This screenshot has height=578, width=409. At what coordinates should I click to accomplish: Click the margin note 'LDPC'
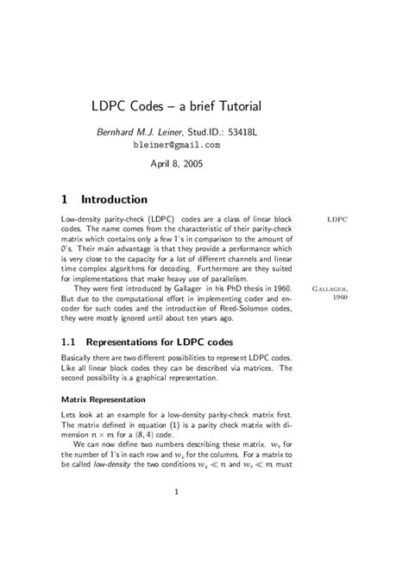coord(337,220)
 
